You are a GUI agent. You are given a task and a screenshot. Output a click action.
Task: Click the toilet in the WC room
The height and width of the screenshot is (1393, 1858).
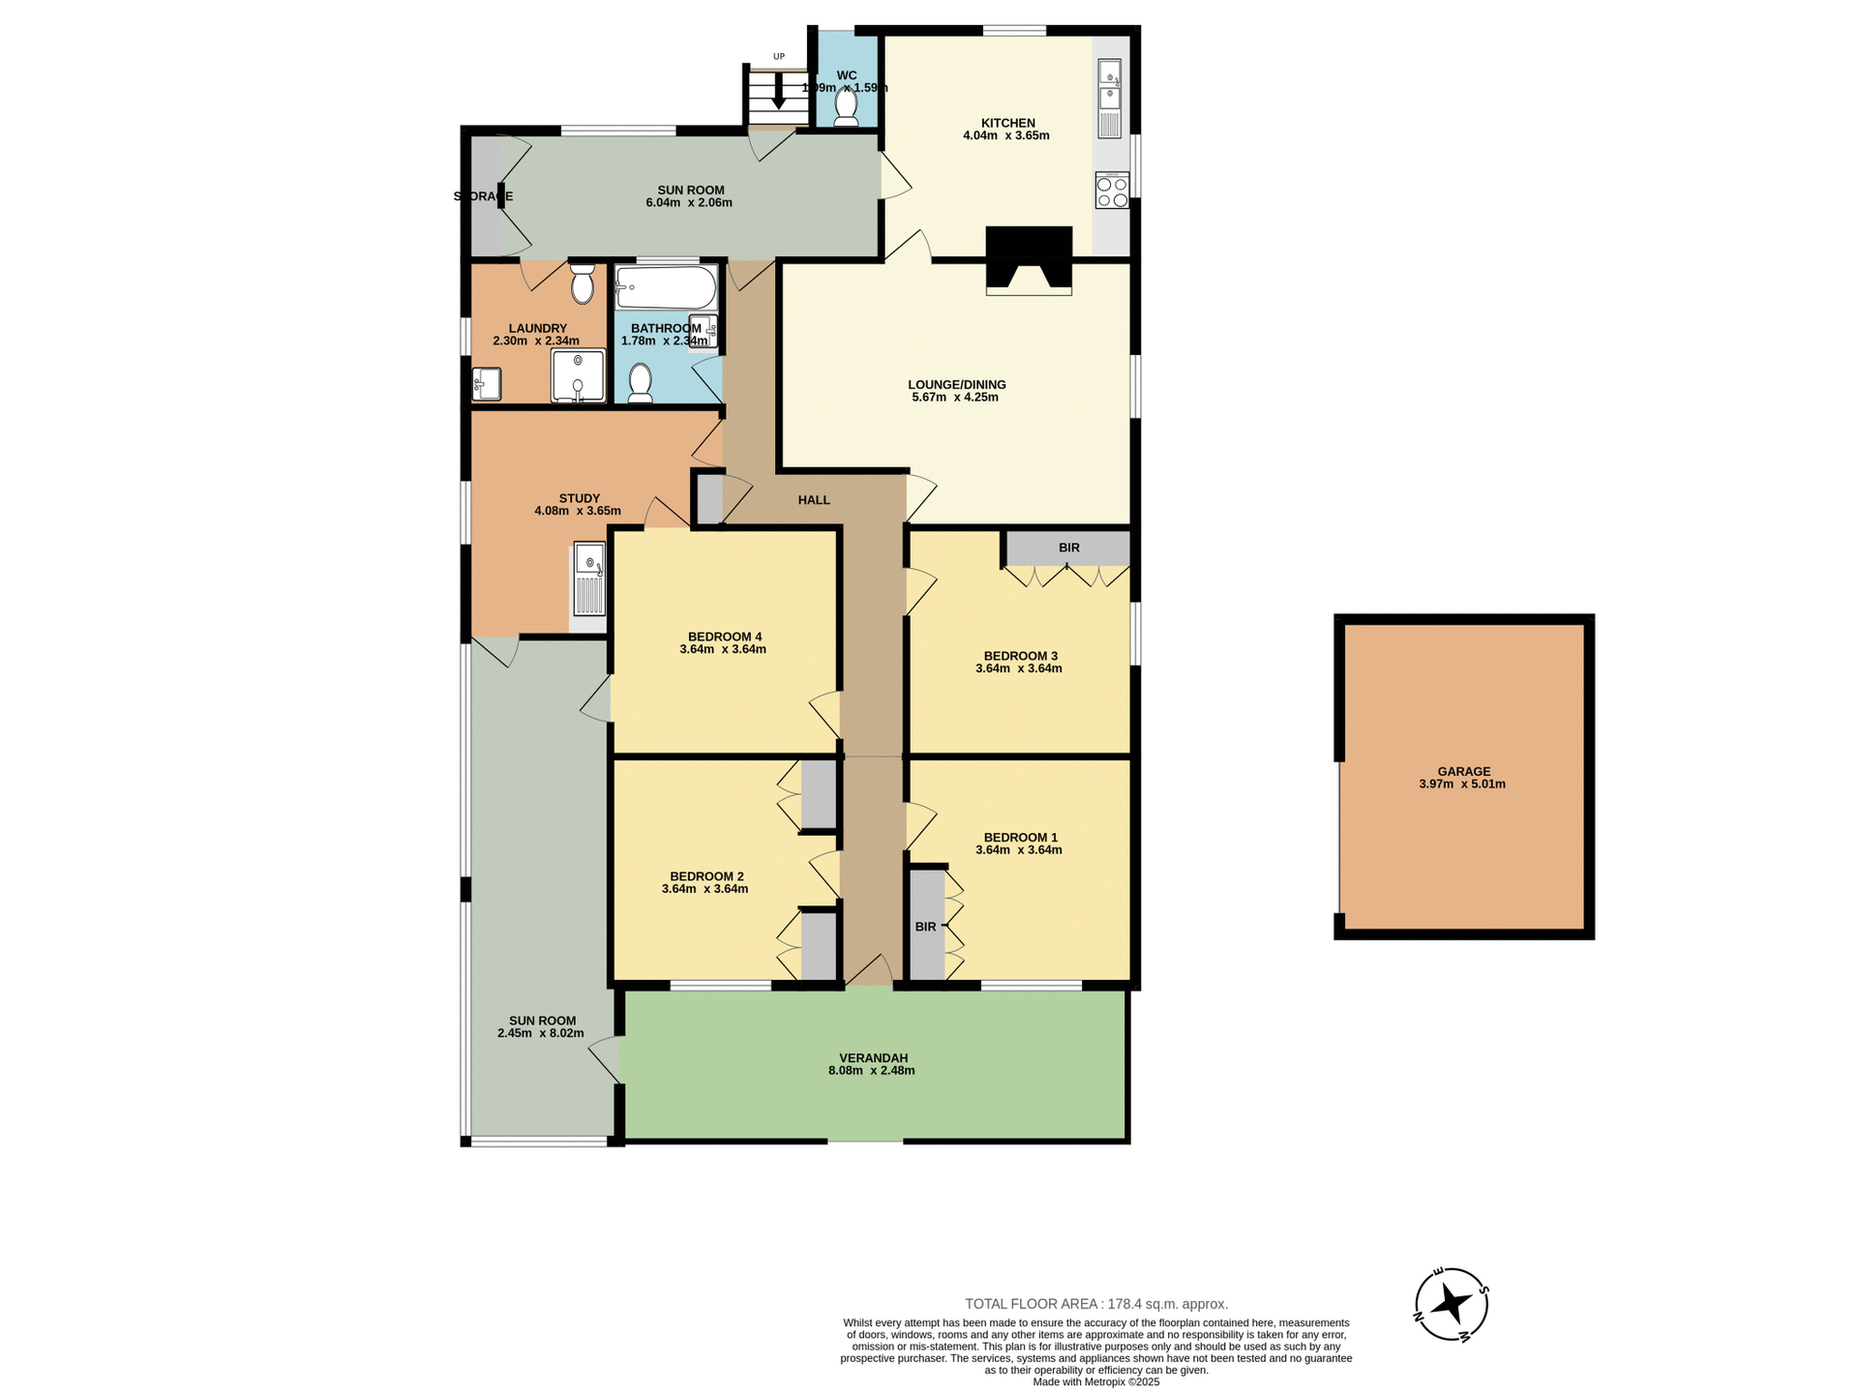846,106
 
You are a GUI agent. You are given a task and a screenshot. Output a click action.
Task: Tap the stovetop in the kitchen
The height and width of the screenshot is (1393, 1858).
1112,190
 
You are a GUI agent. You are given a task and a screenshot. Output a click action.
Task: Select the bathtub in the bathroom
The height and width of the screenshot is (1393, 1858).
666,287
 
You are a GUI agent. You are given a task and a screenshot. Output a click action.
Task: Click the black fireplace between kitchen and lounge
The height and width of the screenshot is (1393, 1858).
1029,259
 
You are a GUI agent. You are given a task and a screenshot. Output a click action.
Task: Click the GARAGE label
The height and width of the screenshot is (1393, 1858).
1463,772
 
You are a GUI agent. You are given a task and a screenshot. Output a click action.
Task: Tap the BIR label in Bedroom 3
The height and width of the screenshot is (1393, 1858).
1068,548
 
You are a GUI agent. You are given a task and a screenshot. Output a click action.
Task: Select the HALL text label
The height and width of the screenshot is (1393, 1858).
814,500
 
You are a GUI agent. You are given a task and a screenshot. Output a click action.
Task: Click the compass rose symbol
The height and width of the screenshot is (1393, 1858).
1451,1304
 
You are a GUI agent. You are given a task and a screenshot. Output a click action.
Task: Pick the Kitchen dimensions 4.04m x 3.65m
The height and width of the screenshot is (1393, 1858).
1006,136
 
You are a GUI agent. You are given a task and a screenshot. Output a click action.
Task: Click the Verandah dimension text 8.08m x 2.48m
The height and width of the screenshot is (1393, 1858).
871,1071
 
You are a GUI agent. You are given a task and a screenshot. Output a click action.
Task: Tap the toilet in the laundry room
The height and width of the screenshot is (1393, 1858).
582,284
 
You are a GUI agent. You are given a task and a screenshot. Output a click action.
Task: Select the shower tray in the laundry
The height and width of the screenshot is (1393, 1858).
578,375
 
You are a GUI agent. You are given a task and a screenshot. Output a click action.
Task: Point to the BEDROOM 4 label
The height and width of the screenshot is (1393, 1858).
725,637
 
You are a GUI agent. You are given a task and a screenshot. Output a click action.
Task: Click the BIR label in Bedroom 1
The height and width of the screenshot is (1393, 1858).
925,927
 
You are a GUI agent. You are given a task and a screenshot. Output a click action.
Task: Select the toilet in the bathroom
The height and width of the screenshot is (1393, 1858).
640,383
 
